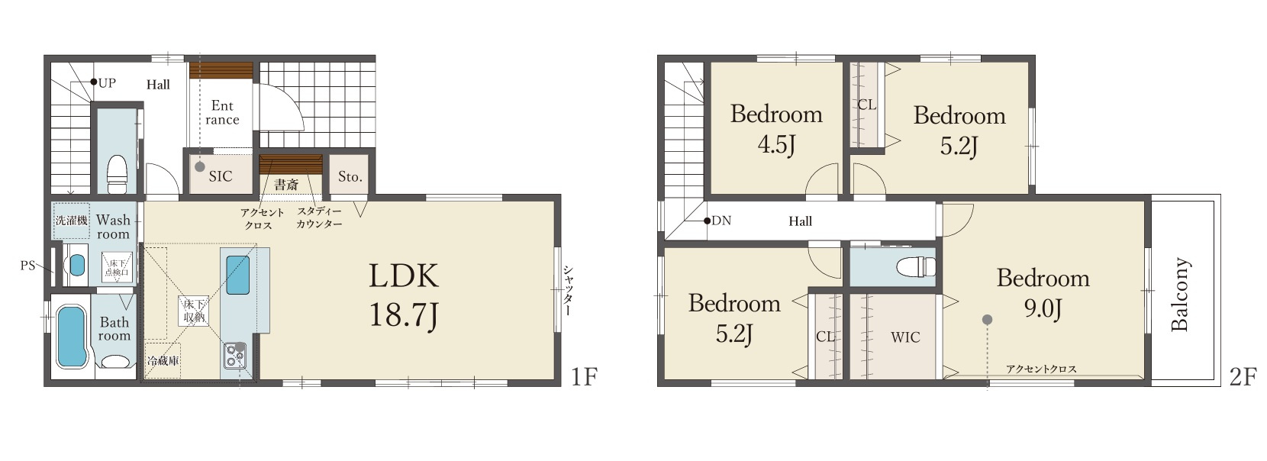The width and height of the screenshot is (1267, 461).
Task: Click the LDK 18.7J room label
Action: [404, 295]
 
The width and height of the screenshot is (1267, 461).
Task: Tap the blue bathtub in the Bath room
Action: [73, 337]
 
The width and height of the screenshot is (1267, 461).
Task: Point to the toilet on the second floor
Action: [917, 265]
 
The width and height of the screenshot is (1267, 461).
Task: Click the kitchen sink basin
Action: [237, 275]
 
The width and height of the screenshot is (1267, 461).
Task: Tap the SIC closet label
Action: [221, 176]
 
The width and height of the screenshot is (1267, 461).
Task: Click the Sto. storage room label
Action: [350, 177]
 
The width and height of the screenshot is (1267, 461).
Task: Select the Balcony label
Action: [1180, 294]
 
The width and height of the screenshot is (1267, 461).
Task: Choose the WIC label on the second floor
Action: [905, 337]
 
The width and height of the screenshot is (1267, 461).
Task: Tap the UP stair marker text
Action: [107, 83]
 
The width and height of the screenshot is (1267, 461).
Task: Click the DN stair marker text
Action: [721, 221]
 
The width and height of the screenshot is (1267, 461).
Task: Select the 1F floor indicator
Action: [584, 376]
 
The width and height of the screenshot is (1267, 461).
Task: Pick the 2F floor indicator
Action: [1243, 376]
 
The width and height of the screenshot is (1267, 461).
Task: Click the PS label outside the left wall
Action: [27, 266]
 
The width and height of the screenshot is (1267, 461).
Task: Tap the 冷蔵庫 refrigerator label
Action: [163, 360]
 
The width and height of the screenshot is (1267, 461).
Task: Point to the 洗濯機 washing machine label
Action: [71, 220]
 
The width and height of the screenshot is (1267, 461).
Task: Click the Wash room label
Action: [113, 227]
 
